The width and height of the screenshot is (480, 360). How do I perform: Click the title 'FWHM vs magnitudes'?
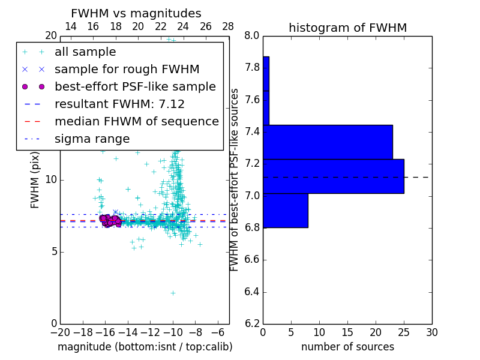point(136,13)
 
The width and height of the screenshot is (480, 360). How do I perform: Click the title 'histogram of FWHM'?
point(347,28)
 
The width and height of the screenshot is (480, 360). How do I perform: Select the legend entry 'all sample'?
point(85,52)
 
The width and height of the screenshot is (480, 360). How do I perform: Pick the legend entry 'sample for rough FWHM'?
point(127,69)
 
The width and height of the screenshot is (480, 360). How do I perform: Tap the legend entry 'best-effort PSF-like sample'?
point(135,86)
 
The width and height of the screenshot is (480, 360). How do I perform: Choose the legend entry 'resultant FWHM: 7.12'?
point(119,104)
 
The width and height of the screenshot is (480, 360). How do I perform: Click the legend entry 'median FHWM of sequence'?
point(136,121)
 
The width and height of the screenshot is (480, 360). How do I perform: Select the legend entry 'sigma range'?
point(92,139)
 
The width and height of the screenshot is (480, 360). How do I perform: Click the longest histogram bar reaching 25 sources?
point(334,176)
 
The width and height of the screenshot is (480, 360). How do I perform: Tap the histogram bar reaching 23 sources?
point(328,142)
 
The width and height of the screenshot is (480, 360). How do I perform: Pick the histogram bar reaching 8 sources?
point(286,211)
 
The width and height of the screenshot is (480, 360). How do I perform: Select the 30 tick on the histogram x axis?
point(431,333)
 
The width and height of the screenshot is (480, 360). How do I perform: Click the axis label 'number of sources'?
point(347,347)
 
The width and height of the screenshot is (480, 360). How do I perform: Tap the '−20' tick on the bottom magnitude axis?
point(60,333)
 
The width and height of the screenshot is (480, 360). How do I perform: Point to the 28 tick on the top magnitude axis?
point(228,26)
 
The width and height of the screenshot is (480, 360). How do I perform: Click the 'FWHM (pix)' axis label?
point(35,179)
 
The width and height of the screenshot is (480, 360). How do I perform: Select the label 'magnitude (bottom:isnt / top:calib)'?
point(145,347)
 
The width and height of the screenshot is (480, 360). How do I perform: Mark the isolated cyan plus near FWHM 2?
point(173,293)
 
